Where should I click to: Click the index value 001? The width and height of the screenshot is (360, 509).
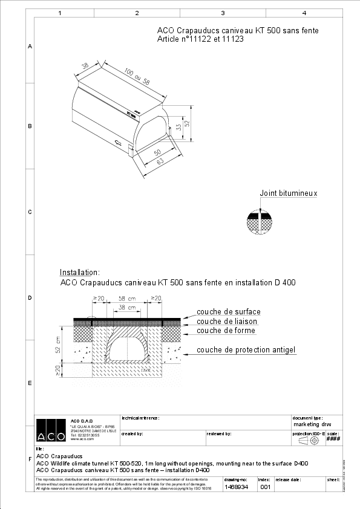coord(264,487)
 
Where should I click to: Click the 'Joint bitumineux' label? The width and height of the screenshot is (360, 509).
coord(288,193)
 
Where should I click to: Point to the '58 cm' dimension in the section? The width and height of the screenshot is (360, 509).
coord(126,299)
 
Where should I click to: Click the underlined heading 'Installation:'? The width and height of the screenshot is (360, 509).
coord(79,273)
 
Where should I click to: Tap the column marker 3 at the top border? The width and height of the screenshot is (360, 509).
coord(223,13)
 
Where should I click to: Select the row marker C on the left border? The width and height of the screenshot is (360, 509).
coord(30,212)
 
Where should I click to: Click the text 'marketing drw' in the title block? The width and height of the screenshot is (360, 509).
coord(312,424)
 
